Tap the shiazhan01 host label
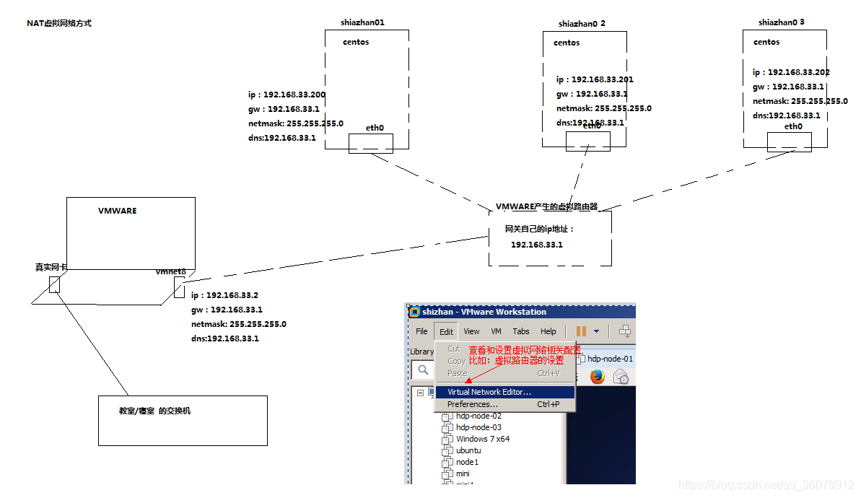(x=362, y=22)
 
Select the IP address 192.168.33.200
(x=287, y=95)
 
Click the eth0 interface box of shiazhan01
(x=371, y=143)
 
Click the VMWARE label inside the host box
(x=117, y=211)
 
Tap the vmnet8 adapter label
(x=170, y=271)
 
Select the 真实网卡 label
(x=51, y=267)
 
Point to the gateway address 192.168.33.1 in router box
(x=536, y=245)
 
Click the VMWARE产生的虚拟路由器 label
(x=546, y=206)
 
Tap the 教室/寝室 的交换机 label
(x=154, y=411)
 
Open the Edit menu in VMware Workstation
(x=446, y=331)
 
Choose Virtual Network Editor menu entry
(x=489, y=392)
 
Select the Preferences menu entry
(x=473, y=404)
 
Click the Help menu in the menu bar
(x=548, y=331)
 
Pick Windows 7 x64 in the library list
(x=482, y=439)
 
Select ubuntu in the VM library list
(x=468, y=450)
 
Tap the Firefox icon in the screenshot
(x=597, y=376)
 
